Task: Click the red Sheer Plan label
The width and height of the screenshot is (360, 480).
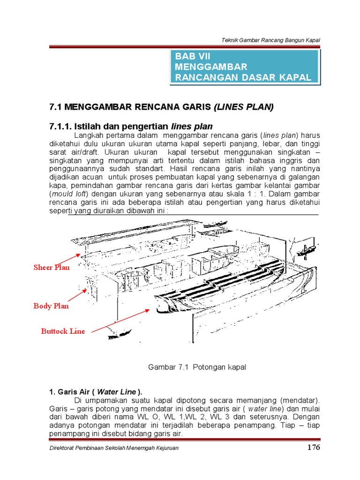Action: coord(51,268)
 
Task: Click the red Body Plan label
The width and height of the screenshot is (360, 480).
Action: coord(51,306)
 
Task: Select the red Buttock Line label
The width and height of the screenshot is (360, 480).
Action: coord(63,331)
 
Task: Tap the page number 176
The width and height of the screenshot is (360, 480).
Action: coord(313,447)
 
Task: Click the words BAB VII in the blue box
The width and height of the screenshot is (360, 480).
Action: coord(192,56)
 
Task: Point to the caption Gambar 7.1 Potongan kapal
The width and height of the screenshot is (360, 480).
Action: coord(197,367)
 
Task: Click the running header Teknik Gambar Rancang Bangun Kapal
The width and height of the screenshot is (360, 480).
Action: coord(270,40)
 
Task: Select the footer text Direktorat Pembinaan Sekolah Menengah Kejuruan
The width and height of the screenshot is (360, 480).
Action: coord(114,448)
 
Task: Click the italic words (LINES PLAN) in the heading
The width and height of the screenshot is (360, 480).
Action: coord(243,107)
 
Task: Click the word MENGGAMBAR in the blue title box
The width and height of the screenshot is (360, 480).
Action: coord(210,67)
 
